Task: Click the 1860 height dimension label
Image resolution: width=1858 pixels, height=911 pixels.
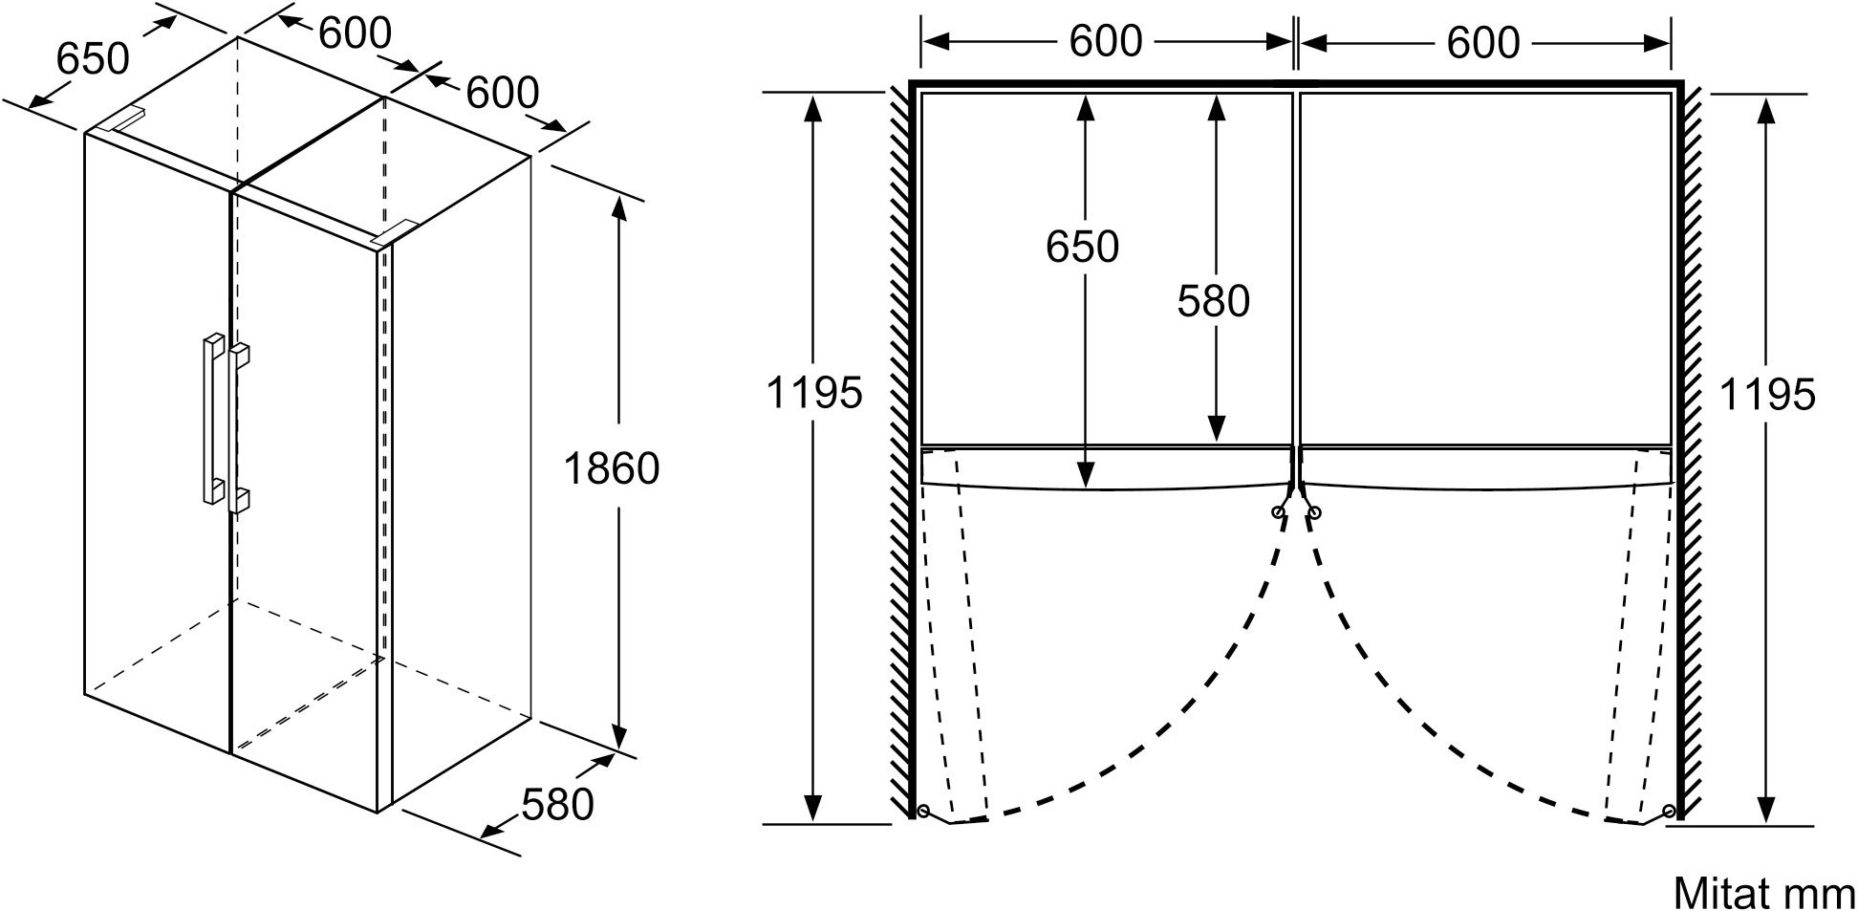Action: tap(612, 468)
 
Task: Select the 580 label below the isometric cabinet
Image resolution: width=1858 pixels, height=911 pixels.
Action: tap(558, 804)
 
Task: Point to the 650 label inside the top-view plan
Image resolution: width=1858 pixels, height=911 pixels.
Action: tap(1082, 247)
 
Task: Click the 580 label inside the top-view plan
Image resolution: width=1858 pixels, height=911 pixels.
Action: tap(1214, 301)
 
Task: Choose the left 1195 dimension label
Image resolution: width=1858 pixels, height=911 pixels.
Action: tap(814, 392)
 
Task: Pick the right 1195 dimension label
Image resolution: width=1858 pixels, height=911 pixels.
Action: tap(1767, 394)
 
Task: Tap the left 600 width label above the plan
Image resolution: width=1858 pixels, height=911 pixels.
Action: tap(1106, 41)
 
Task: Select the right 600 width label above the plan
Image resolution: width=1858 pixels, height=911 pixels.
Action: tap(1483, 42)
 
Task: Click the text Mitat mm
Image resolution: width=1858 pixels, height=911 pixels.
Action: tap(1763, 893)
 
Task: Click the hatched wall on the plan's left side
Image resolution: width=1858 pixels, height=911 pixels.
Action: tap(899, 449)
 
